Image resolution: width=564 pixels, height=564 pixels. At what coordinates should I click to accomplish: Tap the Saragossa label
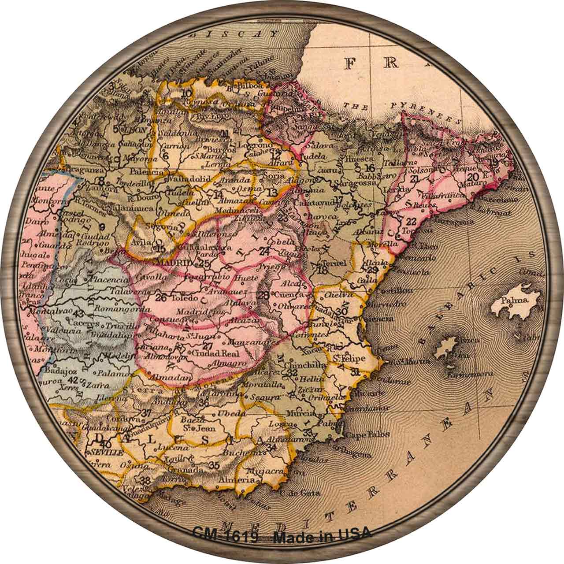click(348, 182)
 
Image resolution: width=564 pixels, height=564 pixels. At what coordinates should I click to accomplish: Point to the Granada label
click(188, 470)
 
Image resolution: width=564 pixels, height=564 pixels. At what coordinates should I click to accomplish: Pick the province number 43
click(79, 314)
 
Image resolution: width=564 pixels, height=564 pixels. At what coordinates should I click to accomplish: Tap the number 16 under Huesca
click(370, 167)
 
